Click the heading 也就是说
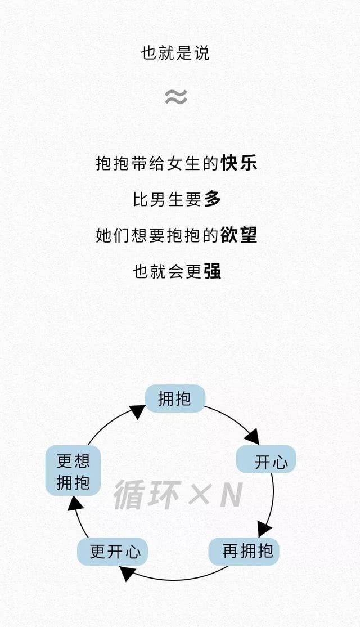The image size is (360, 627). point(175,53)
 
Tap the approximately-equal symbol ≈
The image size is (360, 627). point(175,97)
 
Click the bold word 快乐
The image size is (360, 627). point(239,163)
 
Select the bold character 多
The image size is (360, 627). point(212,199)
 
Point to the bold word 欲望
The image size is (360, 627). point(239,235)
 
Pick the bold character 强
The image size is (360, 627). point(212,271)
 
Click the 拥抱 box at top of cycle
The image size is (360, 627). point(175,399)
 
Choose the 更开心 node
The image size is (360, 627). point(112,552)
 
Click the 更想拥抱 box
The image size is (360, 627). point(73,471)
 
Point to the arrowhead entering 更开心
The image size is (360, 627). point(128,573)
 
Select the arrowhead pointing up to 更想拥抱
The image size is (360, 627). point(75,502)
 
